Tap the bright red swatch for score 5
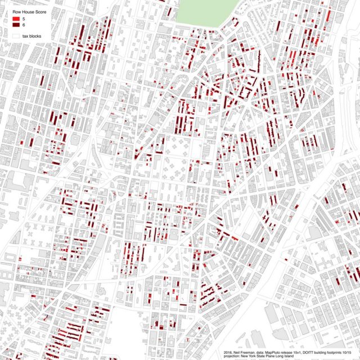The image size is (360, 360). pos(16,20)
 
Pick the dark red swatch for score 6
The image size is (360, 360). pos(16,25)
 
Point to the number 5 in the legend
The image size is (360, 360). pos(24,20)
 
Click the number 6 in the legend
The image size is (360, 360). pos(24,25)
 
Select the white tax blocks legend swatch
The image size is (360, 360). pos(16,35)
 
